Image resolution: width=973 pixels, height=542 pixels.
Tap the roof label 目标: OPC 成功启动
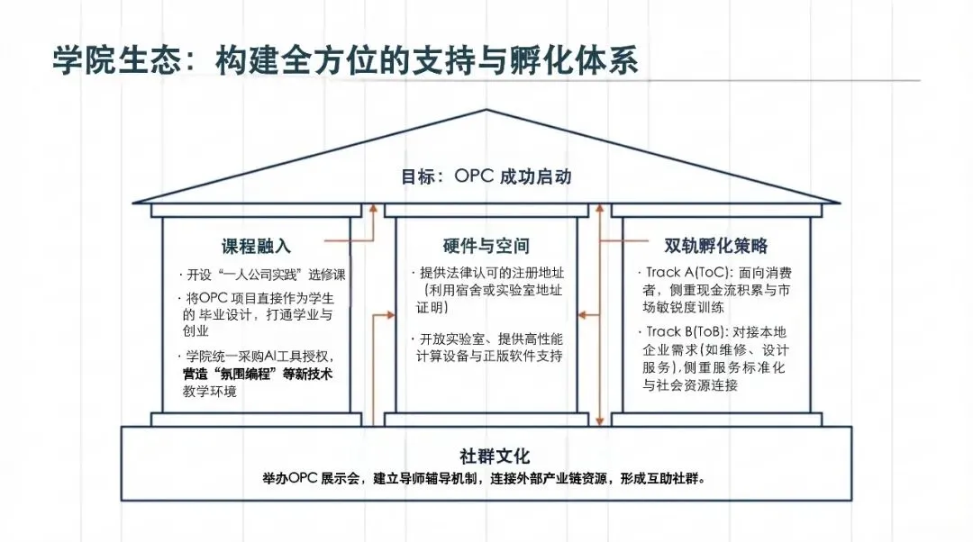pyautogui.click(x=486, y=176)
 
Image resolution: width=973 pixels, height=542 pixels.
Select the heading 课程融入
pyautogui.click(x=256, y=246)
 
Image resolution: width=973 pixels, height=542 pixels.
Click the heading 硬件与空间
pyautogui.click(x=486, y=246)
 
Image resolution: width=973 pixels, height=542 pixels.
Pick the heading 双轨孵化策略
pyautogui.click(x=715, y=246)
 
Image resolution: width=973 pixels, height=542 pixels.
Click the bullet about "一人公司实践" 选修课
pyautogui.click(x=261, y=275)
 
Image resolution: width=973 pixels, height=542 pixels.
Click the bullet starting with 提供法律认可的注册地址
pyautogui.click(x=491, y=273)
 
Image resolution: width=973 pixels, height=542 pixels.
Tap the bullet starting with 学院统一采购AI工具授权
pyautogui.click(x=261, y=357)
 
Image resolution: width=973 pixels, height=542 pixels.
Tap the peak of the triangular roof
pyautogui.click(x=486, y=111)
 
